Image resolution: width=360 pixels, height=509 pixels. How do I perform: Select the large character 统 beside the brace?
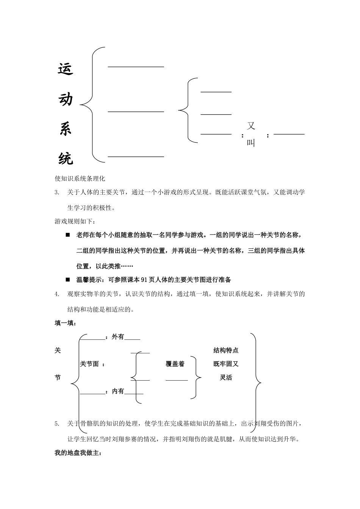66,158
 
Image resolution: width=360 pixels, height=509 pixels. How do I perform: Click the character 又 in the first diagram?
251,126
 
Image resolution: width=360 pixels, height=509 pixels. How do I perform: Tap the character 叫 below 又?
251,143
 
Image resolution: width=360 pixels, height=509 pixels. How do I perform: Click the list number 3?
57,192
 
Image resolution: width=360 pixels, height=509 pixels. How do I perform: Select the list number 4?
57,294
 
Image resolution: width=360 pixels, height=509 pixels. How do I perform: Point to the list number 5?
57,424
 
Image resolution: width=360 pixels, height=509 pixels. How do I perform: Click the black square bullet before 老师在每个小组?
68,235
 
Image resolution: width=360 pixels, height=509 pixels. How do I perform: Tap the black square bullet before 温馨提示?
68,279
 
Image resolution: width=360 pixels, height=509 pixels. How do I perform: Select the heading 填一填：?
66,323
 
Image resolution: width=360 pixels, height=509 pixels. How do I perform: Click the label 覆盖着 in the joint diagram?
175,364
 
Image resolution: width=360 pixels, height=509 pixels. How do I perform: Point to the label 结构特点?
226,350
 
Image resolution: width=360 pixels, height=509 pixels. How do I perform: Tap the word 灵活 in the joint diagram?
226,378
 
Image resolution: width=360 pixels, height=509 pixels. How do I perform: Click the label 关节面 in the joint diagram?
89,364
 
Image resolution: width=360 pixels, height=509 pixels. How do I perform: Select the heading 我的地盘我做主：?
78,453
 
